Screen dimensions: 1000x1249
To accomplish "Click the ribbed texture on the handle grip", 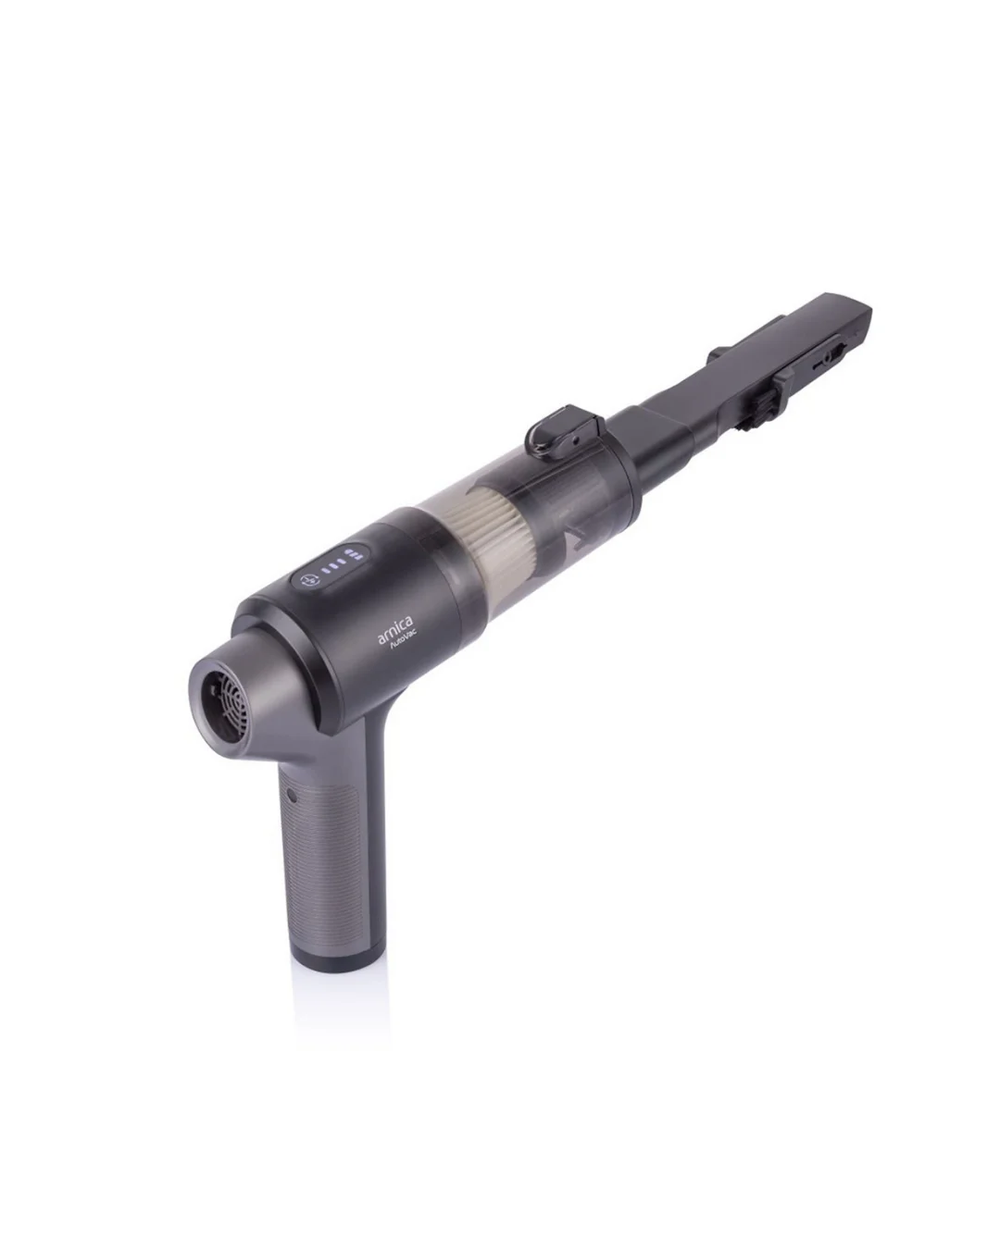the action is click(325, 859).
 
